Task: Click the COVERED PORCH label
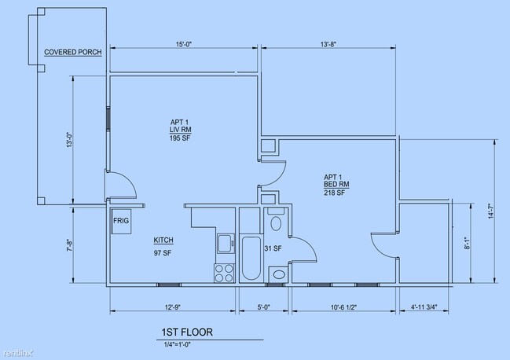tap(73, 52)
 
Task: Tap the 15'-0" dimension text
tap(184, 44)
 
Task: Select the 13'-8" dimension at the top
tap(328, 44)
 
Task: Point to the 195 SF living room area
tap(180, 138)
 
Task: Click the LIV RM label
tap(180, 130)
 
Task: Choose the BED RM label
tap(336, 185)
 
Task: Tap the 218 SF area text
tap(334, 193)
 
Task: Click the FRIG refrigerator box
tap(121, 221)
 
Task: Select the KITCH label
tap(163, 241)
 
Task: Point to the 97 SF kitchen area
tap(163, 253)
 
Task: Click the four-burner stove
tap(225, 274)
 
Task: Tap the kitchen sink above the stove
tap(226, 243)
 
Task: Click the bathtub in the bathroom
tap(251, 259)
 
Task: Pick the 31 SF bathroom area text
tap(273, 249)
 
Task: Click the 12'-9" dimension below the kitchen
tap(173, 307)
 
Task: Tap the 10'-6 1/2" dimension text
tap(343, 307)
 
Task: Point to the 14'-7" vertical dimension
tap(491, 211)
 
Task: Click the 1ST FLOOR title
tap(187, 332)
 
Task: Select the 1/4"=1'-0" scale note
tap(178, 344)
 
